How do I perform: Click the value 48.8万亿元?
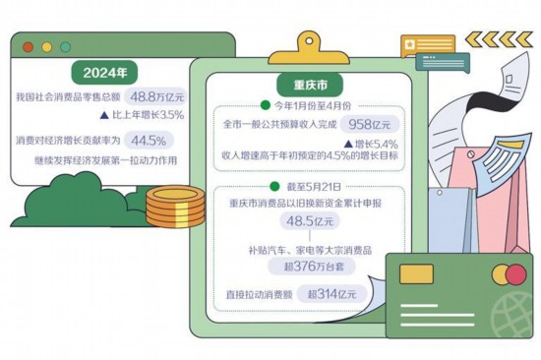[x=158, y=95]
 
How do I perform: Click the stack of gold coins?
[x=173, y=207]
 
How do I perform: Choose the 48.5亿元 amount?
[x=305, y=223]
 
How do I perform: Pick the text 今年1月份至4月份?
[x=314, y=104]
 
